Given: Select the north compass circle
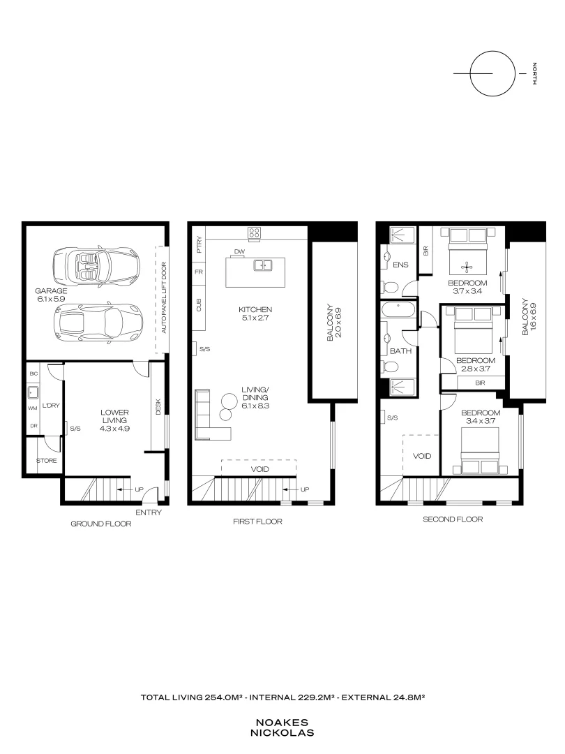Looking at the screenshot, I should pyautogui.click(x=490, y=73).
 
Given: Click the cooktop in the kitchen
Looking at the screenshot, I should pyautogui.click(x=255, y=233).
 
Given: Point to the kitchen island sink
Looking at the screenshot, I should pyautogui.click(x=263, y=265).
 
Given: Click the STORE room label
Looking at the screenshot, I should pyautogui.click(x=47, y=461).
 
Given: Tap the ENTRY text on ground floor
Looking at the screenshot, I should pyautogui.click(x=149, y=512).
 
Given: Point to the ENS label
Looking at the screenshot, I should pyautogui.click(x=400, y=265).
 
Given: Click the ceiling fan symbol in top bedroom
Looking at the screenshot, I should pyautogui.click(x=467, y=265).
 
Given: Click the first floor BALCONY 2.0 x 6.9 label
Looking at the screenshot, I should pyautogui.click(x=333, y=323).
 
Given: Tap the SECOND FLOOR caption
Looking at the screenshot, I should pyautogui.click(x=453, y=519).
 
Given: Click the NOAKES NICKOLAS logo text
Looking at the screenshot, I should pyautogui.click(x=285, y=728).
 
